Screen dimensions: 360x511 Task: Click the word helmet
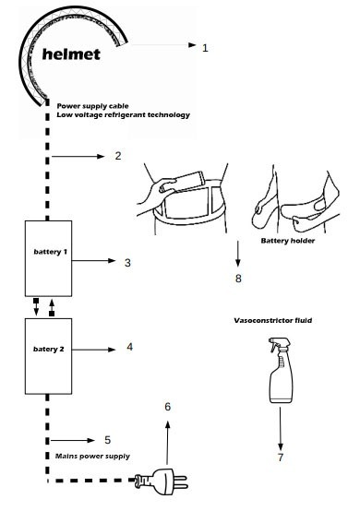coord(71,54)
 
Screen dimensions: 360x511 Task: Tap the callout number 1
coord(205,48)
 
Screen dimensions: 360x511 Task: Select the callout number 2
coord(118,156)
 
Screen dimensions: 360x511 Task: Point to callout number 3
coord(127,263)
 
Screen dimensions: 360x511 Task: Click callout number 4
coord(130,347)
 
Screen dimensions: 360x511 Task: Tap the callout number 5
coord(108,440)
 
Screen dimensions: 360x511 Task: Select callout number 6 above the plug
coord(168,407)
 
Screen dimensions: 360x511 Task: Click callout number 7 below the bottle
coord(281,458)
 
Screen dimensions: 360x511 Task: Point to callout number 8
coord(238,279)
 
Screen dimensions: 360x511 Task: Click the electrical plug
coord(162,481)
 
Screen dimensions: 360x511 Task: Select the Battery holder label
coord(288,241)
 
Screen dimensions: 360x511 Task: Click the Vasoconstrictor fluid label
coord(273,320)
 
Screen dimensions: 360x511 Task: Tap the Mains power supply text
coord(92,457)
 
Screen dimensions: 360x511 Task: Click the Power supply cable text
coord(92,106)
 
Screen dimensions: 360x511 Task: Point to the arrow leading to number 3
coord(94,260)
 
